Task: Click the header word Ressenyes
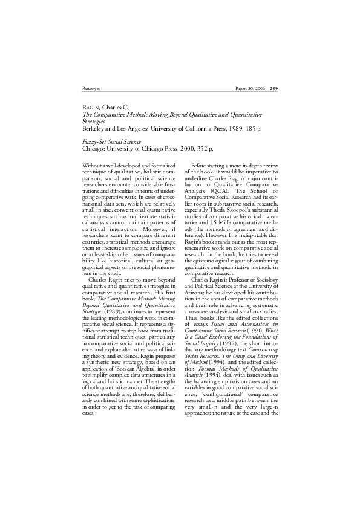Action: pos(90,88)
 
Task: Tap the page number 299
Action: pos(273,88)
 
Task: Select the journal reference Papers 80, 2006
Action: pos(249,88)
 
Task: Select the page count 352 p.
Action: pos(204,147)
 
